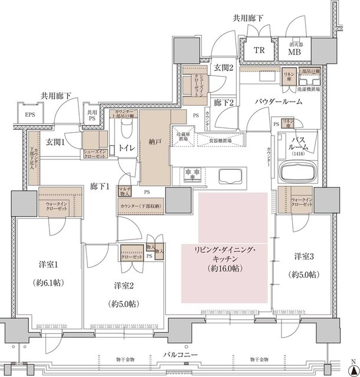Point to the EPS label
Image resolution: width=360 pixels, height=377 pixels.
point(28,114)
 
